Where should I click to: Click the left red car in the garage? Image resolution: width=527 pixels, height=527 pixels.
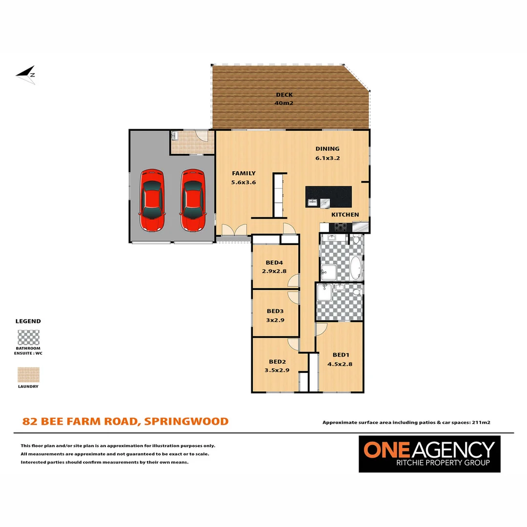click(152, 200)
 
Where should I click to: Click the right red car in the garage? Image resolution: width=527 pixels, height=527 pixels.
click(192, 200)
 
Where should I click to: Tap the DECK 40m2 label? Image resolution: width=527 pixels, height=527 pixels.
click(284, 99)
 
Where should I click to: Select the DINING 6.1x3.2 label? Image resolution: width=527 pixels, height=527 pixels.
click(327, 153)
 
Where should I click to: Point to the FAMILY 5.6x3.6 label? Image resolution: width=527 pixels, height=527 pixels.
click(243, 178)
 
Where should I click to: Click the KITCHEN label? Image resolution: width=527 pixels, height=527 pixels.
click(345, 215)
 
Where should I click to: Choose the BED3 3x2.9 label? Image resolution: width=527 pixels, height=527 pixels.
click(275, 315)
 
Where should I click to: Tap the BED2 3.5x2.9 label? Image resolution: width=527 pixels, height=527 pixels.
click(277, 366)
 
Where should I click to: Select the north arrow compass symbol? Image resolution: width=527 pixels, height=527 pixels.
click(26, 75)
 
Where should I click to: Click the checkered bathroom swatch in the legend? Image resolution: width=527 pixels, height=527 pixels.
click(28, 338)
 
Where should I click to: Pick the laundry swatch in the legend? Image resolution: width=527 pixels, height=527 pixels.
click(28, 375)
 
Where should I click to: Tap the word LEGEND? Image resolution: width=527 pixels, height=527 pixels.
click(28, 322)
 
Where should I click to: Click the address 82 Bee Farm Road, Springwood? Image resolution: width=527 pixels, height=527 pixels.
click(125, 421)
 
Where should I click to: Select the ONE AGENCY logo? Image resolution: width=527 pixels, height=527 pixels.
click(429, 454)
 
